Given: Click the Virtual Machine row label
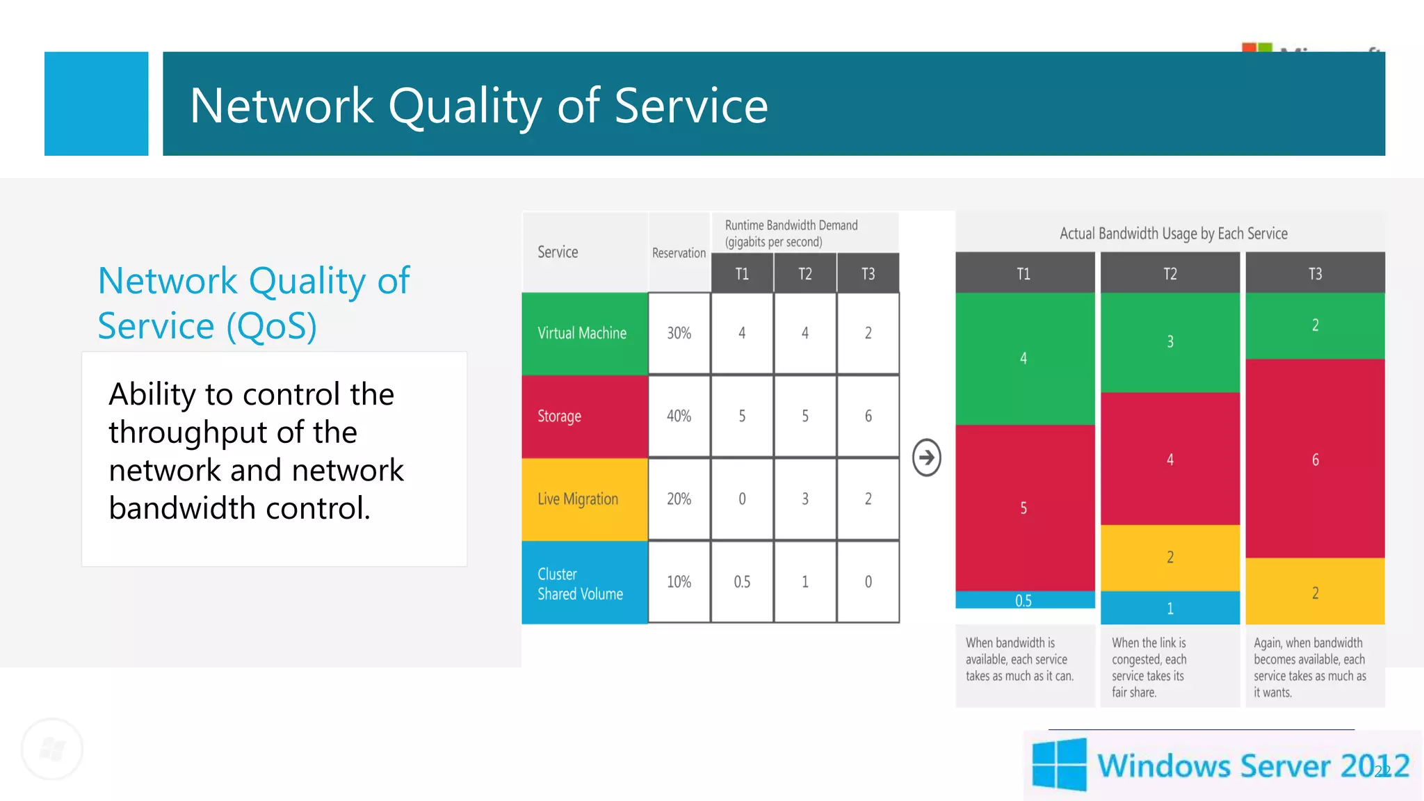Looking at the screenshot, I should click(x=583, y=333).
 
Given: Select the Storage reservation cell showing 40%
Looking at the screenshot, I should click(x=679, y=416).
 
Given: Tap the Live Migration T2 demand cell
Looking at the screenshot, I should click(x=804, y=499).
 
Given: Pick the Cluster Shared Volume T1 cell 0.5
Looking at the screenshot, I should click(x=742, y=581).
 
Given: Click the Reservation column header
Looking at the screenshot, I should click(x=679, y=253).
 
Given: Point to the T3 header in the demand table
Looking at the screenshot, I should click(x=868, y=273).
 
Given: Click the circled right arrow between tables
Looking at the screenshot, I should click(x=926, y=458).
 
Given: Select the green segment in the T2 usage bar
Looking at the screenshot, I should click(x=1170, y=342).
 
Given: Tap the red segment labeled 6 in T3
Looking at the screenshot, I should click(x=1315, y=459).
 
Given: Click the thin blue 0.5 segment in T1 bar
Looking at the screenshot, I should click(x=1023, y=600).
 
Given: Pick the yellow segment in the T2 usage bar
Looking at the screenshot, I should click(x=1170, y=557).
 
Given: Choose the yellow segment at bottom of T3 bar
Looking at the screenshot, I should click(x=1315, y=592).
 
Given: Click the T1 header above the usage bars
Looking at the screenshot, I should click(x=1023, y=273).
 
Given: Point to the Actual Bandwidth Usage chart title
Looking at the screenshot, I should click(x=1173, y=234).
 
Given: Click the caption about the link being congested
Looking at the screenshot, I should click(x=1149, y=667).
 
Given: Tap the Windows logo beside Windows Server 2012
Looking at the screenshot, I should click(x=1059, y=765).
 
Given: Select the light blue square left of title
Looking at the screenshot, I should click(x=97, y=104).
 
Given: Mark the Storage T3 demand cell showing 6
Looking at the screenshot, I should click(x=868, y=416).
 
